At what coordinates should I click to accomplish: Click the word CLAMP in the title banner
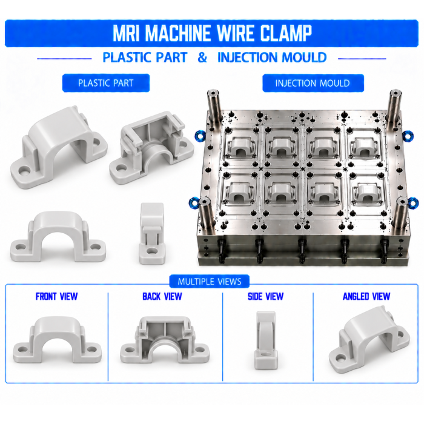coord(286,33)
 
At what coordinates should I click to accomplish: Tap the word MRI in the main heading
coord(127,33)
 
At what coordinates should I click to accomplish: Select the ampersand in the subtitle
coord(202,58)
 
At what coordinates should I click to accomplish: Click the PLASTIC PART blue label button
coord(106,83)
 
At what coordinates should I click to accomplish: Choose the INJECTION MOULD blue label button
coord(313,83)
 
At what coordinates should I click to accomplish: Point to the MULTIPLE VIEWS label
coord(210,282)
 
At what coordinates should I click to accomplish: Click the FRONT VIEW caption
coord(56,296)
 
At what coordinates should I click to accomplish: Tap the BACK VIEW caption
coord(162,296)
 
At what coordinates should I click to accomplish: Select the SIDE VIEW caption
coord(265,296)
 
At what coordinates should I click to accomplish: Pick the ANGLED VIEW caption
coord(366,296)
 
